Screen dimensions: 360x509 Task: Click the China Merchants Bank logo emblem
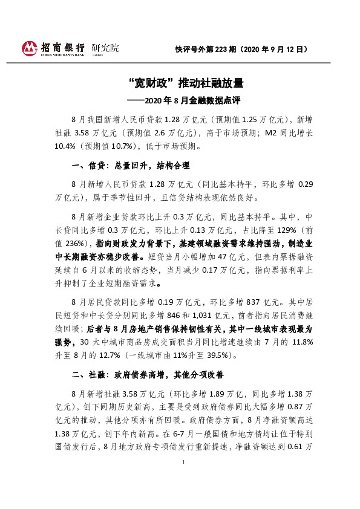(29, 48)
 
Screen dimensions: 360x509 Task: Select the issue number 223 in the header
(221, 49)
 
